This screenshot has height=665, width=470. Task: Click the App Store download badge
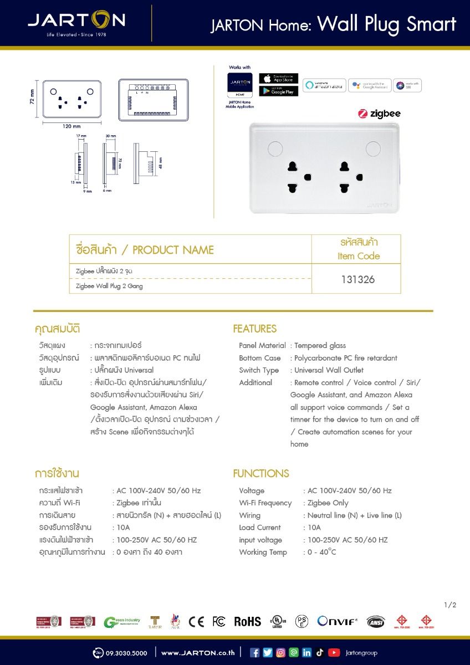[278, 78]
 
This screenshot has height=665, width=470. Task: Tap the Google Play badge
[278, 91]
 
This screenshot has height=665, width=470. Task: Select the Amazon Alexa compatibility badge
[324, 85]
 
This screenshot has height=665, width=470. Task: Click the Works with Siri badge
[408, 85]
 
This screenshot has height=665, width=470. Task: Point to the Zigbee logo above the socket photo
[379, 114]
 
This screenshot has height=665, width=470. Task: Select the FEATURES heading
[254, 329]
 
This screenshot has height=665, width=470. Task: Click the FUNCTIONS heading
[261, 473]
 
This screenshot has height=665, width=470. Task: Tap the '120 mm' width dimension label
[71, 126]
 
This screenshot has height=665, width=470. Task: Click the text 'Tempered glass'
[320, 345]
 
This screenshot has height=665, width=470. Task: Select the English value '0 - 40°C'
[321, 552]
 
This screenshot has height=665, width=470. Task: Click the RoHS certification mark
[247, 621]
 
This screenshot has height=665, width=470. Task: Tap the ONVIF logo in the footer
[338, 621]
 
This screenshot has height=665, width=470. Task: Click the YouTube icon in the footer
[334, 652]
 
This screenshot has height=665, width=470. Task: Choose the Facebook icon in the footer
[255, 652]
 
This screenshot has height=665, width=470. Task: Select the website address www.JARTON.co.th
[198, 653]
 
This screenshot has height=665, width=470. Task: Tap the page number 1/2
[450, 605]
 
